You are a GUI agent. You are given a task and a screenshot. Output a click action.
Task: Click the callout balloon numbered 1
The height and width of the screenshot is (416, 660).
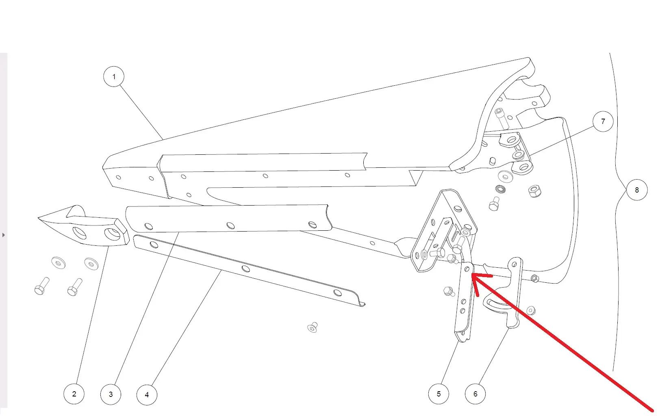tap(114, 77)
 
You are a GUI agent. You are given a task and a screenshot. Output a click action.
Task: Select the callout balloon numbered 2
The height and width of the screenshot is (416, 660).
tap(74, 394)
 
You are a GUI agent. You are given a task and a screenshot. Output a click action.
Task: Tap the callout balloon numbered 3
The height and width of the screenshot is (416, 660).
tap(111, 394)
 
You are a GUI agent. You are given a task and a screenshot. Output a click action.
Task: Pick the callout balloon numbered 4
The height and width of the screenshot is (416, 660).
tap(147, 395)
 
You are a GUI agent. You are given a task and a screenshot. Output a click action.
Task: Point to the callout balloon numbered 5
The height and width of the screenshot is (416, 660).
tap(439, 394)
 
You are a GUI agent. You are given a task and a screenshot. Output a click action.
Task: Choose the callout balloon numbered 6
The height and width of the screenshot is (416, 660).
tap(475, 394)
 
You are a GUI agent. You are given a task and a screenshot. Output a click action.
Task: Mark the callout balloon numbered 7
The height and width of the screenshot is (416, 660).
tap(603, 121)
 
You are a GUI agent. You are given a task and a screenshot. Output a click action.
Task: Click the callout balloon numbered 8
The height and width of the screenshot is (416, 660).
tap(637, 190)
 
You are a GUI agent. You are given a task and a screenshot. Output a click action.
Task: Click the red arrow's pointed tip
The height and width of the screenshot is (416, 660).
tap(472, 274)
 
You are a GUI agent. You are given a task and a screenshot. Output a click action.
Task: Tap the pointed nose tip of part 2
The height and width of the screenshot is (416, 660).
tap(38, 218)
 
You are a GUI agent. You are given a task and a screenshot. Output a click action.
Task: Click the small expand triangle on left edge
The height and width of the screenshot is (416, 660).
tap(3, 235)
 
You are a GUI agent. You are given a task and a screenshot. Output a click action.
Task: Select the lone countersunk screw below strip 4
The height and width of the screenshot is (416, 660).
tap(313, 327)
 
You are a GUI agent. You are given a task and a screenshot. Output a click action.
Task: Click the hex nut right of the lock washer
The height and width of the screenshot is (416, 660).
tap(534, 191)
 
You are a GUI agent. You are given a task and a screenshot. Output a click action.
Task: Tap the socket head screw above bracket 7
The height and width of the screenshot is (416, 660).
tap(501, 118)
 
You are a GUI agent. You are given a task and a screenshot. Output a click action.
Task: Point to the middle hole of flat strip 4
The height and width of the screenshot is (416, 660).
tap(246, 269)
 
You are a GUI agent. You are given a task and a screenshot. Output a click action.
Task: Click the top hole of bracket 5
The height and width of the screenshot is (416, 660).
tap(467, 269)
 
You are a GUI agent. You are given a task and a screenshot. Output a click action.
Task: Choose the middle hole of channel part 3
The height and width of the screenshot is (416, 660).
tap(230, 226)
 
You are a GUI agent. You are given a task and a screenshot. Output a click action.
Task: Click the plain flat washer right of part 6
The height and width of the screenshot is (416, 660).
tap(531, 310)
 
